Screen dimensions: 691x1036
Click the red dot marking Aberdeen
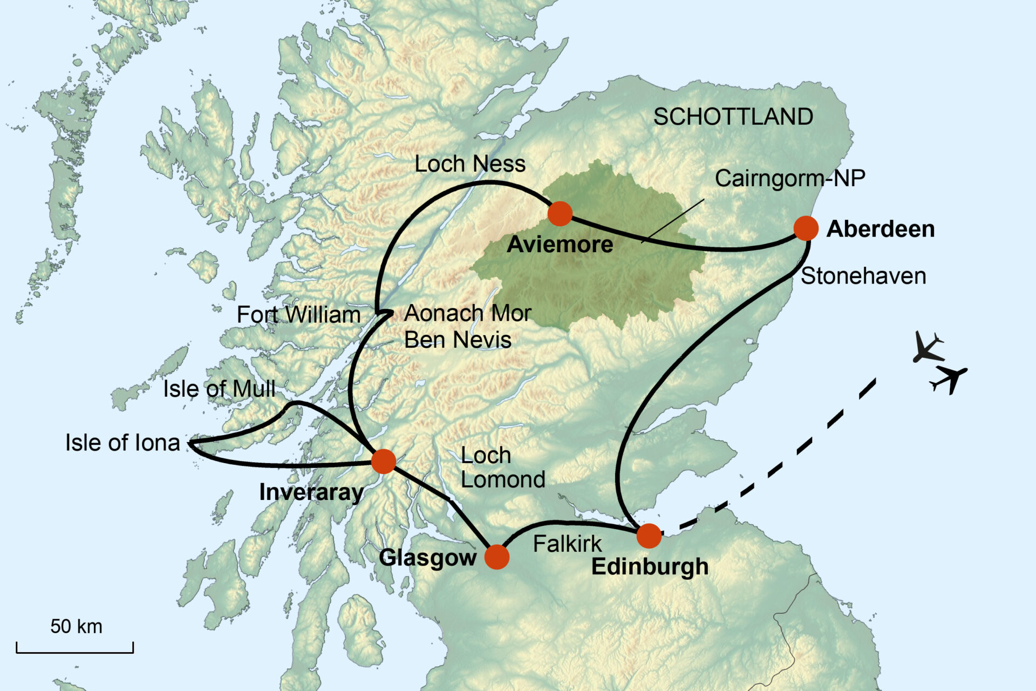point(806,228)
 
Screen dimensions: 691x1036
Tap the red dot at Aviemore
point(560,214)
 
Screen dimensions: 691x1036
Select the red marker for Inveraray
point(384,461)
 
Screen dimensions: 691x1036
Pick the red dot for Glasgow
point(496,557)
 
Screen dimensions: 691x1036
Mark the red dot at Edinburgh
point(649,536)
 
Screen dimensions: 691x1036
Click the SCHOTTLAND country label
point(733,117)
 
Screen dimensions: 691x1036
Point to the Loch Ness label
point(469,164)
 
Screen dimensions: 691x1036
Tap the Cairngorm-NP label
point(789,178)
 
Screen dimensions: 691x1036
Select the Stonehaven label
point(863,276)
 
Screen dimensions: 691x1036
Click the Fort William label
point(298,315)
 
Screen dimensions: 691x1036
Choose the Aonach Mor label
point(467,313)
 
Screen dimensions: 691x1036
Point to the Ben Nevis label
point(458,340)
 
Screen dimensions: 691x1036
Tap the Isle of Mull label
point(219,389)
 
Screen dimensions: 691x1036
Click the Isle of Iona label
point(122,443)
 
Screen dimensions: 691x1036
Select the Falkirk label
point(567,544)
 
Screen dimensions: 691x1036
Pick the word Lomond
point(502,479)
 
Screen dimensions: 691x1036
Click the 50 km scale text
point(76,626)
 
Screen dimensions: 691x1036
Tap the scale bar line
point(74,652)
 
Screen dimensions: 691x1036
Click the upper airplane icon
point(927,347)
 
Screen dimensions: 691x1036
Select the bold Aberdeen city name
point(880,229)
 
